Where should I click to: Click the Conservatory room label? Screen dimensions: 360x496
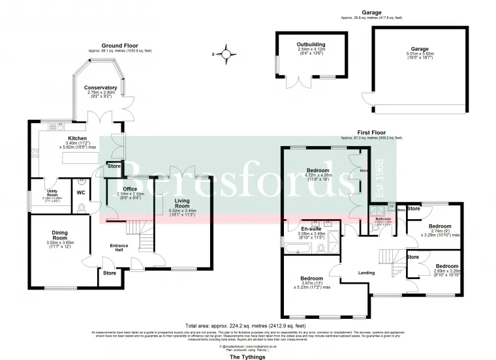(101, 87)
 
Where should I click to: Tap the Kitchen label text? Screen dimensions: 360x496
(78, 138)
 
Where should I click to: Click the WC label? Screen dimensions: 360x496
(81, 193)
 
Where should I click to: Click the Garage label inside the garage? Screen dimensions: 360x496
(420, 48)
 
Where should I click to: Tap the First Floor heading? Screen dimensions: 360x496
(371, 131)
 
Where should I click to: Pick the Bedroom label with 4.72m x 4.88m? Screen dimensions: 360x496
(318, 170)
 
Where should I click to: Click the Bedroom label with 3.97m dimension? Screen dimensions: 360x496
(312, 278)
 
